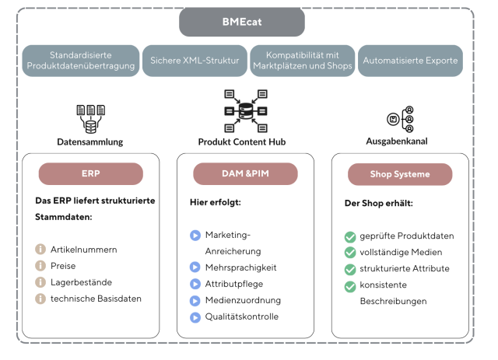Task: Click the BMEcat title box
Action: [x=242, y=22]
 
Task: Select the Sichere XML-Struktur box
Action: [x=194, y=60]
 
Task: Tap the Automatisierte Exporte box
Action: [x=411, y=60]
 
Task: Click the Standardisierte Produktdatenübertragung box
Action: [x=81, y=60]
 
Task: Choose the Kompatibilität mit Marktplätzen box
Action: [x=303, y=60]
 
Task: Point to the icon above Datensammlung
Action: [x=90, y=118]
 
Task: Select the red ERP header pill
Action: [x=90, y=173]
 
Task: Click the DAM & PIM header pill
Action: [x=244, y=173]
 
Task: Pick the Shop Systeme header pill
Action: [x=399, y=174]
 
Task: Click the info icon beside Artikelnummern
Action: [x=40, y=250]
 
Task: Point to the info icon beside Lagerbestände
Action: [x=40, y=282]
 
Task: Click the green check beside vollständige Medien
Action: [x=349, y=253]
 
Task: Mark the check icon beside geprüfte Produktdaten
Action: [x=349, y=236]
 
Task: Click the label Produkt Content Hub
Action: [x=244, y=142]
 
